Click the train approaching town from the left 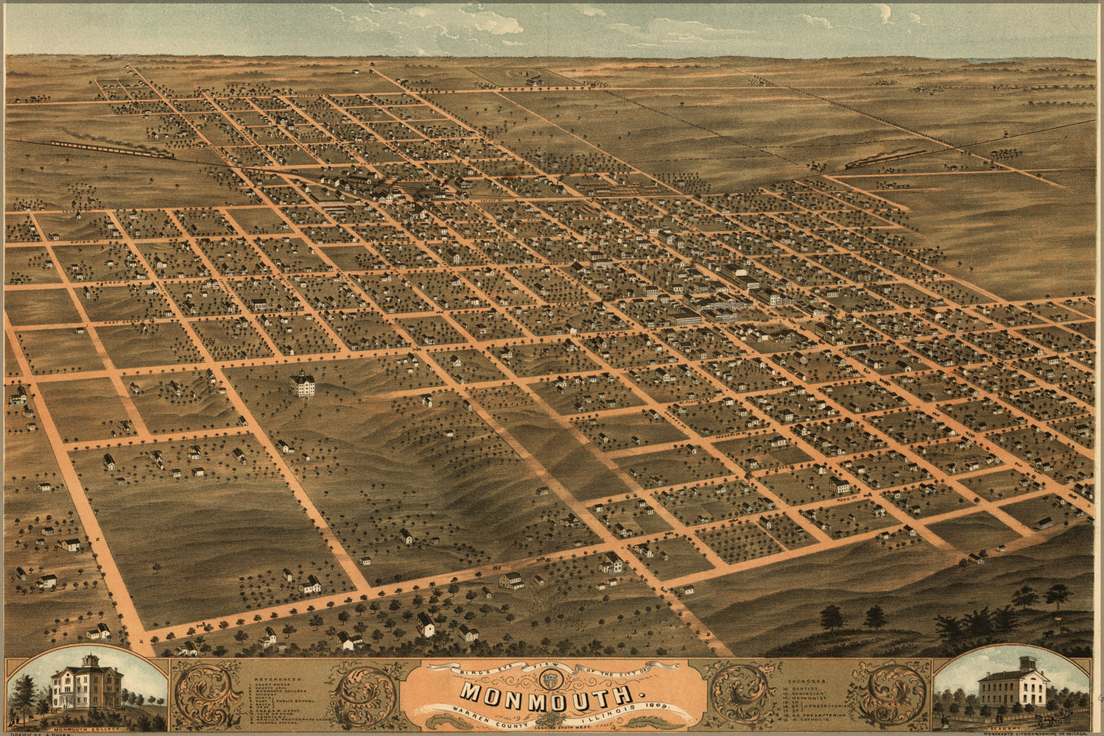click(110, 149)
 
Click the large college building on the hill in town click(302, 384)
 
